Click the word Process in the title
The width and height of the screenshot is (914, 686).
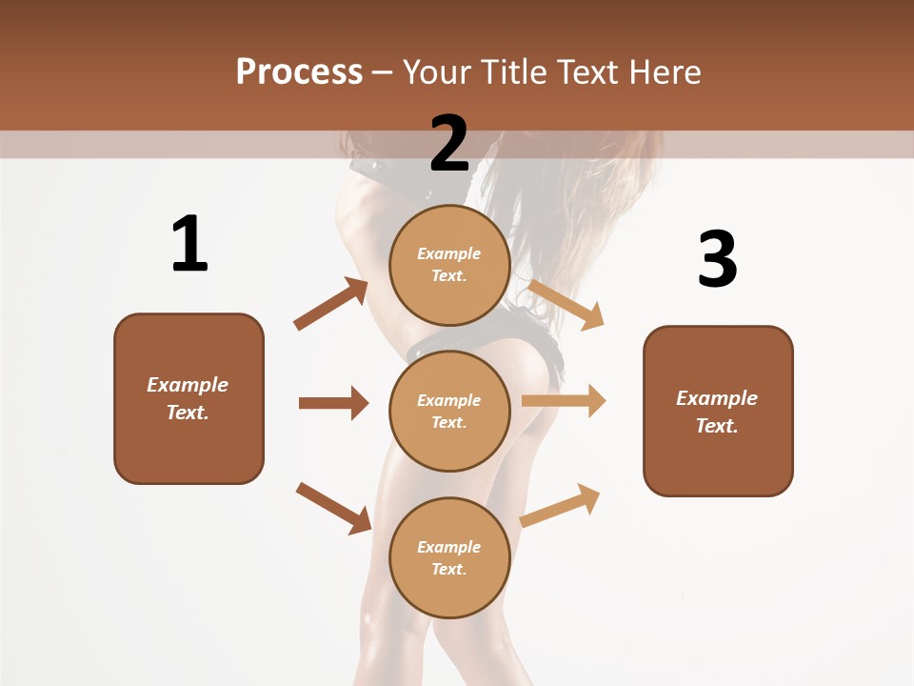click(x=299, y=71)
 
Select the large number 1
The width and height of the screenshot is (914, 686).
click(x=189, y=244)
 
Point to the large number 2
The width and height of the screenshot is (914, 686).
click(x=449, y=143)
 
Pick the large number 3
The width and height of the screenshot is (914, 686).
click(x=717, y=259)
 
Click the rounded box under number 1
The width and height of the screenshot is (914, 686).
click(x=189, y=398)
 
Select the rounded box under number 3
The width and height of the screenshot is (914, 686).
click(x=718, y=411)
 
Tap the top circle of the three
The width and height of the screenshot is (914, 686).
click(x=449, y=264)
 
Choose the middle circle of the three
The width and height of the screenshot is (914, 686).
click(x=449, y=411)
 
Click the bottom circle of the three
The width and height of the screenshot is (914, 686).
click(x=449, y=557)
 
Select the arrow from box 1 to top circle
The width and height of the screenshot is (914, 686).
click(x=331, y=304)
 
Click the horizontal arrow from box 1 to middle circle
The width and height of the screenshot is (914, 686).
click(x=333, y=403)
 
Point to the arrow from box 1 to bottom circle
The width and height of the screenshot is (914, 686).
click(x=333, y=508)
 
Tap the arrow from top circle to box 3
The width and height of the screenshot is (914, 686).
click(x=566, y=304)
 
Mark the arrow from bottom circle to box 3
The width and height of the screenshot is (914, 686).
click(x=560, y=505)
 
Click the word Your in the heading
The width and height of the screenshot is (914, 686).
click(x=437, y=71)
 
